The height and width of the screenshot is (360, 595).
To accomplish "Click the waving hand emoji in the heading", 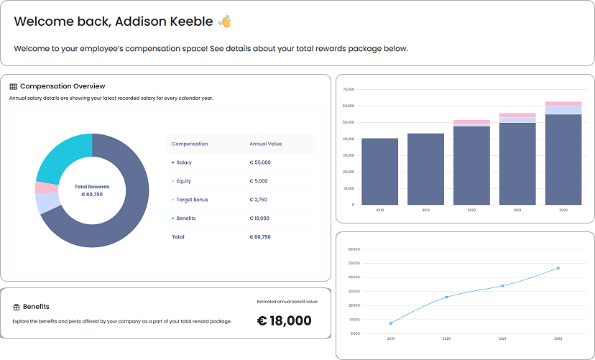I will pyautogui.click(x=225, y=22).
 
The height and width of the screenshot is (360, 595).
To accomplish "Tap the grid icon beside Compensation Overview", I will pyautogui.click(x=14, y=87).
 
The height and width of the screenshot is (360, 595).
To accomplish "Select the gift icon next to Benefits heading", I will pyautogui.click(x=16, y=307).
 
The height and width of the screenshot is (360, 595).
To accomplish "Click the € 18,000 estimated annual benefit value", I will pyautogui.click(x=285, y=320).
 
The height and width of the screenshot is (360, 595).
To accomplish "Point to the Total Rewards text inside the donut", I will pyautogui.click(x=92, y=187).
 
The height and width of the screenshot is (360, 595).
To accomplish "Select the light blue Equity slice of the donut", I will pyautogui.click(x=46, y=203).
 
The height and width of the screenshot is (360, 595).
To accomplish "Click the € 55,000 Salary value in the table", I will pyautogui.click(x=260, y=162).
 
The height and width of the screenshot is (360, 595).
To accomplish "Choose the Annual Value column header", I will pyautogui.click(x=266, y=144).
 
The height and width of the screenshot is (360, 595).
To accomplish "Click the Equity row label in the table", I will pyautogui.click(x=183, y=181).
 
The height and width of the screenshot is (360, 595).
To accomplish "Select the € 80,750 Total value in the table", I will pyautogui.click(x=260, y=236).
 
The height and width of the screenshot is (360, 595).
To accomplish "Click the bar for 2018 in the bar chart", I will pyautogui.click(x=379, y=171).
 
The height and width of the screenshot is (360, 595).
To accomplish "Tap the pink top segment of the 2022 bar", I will pyautogui.click(x=563, y=103).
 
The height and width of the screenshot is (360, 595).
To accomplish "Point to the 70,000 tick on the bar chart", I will pyautogui.click(x=349, y=90).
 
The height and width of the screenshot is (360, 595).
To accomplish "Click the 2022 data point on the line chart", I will pyautogui.click(x=558, y=268).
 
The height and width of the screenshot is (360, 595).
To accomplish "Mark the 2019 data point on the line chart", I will pyautogui.click(x=391, y=323).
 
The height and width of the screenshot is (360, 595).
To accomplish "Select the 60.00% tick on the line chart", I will pyautogui.click(x=354, y=249).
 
